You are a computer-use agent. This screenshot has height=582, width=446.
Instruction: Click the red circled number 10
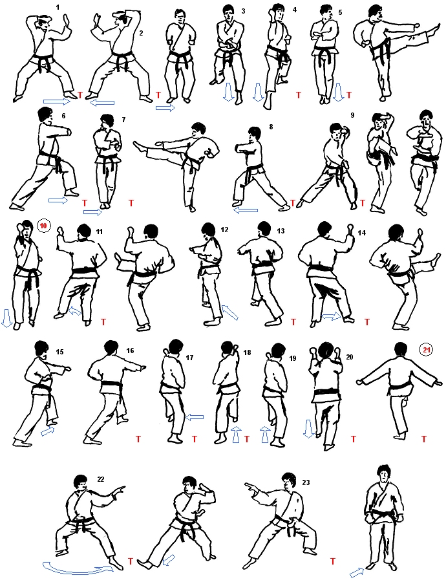click(x=44, y=225)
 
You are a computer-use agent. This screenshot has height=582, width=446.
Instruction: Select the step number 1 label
click(x=57, y=7)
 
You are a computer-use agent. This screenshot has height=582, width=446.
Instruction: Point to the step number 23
click(x=306, y=482)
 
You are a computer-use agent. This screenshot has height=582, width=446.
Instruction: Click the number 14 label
click(x=361, y=233)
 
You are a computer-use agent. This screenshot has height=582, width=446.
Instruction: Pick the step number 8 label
click(x=271, y=127)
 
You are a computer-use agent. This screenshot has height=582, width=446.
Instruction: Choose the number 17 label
click(x=189, y=358)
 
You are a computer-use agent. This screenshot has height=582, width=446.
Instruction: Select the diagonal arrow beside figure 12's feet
click(x=229, y=312)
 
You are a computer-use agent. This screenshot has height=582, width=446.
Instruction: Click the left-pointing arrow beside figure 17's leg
click(x=195, y=417)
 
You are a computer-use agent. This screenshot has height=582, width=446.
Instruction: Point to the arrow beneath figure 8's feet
click(x=245, y=211)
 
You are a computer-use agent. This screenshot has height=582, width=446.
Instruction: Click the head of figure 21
click(x=399, y=350)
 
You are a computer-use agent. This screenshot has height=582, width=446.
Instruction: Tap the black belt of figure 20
click(x=326, y=393)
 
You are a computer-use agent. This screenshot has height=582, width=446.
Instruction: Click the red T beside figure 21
click(x=424, y=439)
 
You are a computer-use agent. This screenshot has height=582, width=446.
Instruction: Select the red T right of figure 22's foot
click(x=130, y=561)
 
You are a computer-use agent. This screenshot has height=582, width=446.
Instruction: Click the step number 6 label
click(x=63, y=116)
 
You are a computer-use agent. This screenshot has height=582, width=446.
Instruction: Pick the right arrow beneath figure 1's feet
click(x=57, y=101)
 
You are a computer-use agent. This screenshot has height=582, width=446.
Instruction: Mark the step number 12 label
click(x=224, y=230)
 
